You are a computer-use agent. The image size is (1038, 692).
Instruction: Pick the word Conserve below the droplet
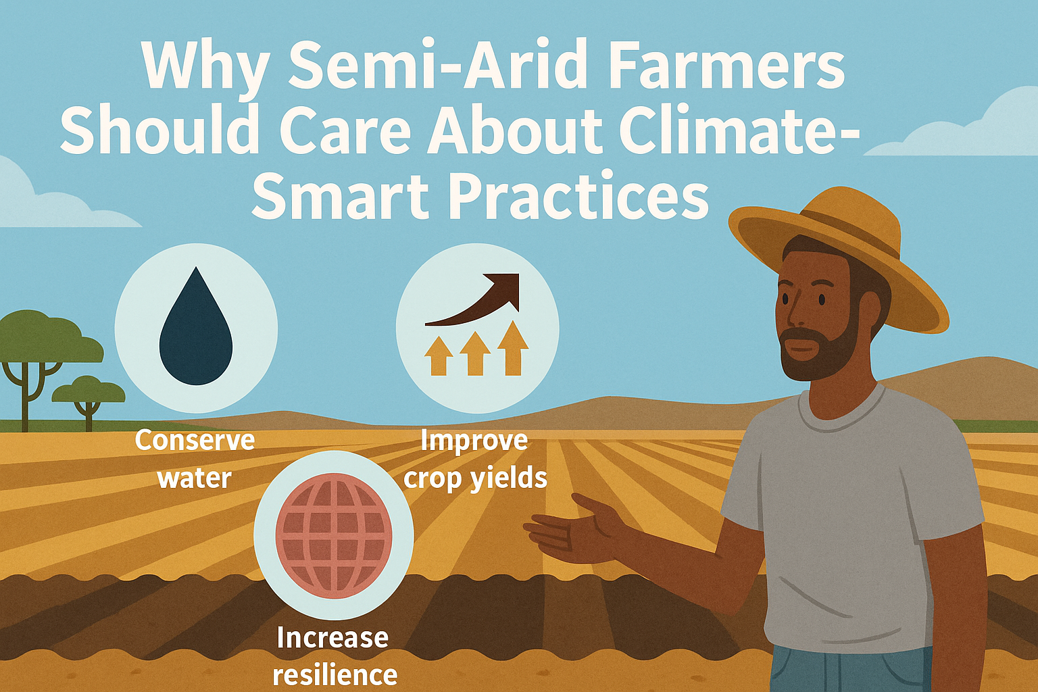coord(195,440)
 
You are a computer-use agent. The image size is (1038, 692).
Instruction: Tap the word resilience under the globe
coord(335,674)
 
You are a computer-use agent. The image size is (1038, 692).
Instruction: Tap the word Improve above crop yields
coord(474,441)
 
